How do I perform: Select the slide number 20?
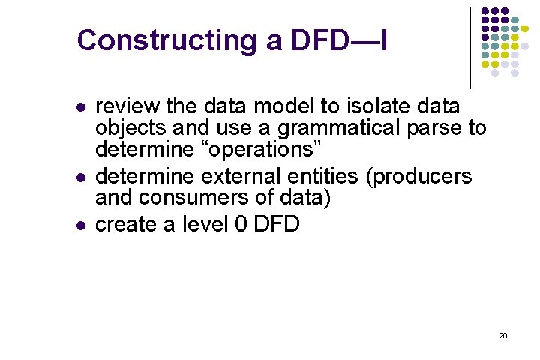[x=502, y=335]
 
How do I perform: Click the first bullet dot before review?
[x=81, y=106]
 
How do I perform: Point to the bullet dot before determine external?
[x=81, y=177]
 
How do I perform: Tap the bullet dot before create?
[x=81, y=225]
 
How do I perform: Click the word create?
[x=127, y=223]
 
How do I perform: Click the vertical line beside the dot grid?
[x=470, y=46]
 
